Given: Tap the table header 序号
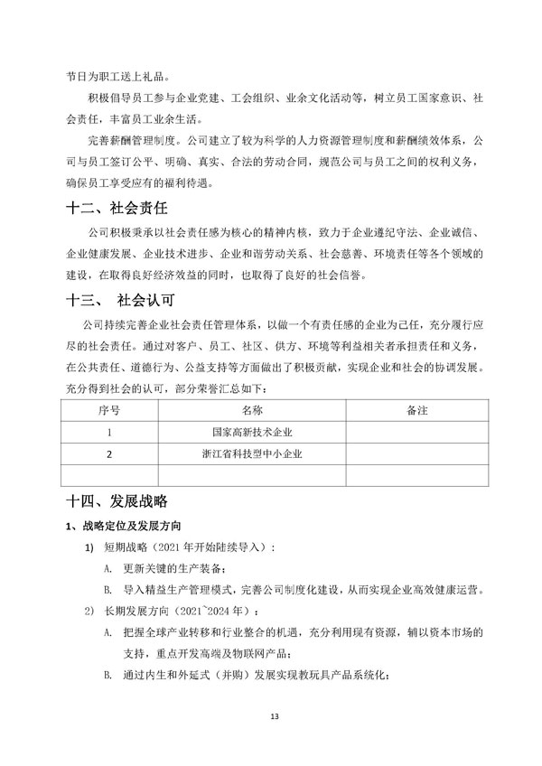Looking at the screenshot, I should (108, 411).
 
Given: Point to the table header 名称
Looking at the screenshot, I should (252, 411).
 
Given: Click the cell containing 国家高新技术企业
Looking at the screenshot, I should (252, 433).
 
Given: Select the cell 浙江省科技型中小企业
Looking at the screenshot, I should (252, 454).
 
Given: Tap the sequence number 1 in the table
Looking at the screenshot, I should (108, 433).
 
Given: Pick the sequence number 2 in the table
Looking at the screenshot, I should (108, 454).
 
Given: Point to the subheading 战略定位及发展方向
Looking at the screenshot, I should (132, 526).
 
